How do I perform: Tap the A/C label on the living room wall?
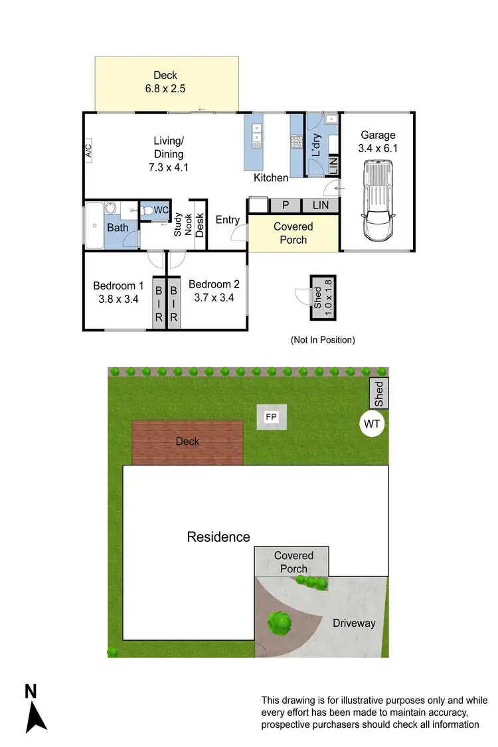pos(88,151)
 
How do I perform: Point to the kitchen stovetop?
pos(296,141)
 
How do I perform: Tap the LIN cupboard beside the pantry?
pos(321,206)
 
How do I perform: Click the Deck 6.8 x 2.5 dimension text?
pos(165,82)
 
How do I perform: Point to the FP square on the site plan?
pos(271,417)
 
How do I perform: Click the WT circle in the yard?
pos(373,423)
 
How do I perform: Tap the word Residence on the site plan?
pos(218,537)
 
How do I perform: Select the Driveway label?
pos(354,623)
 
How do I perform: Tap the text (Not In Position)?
pos(323,340)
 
